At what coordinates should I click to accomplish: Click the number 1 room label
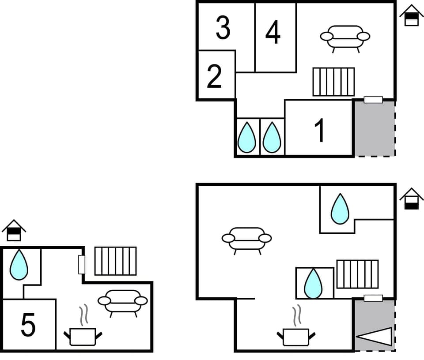tap(320, 131)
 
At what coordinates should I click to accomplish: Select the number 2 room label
tap(214, 76)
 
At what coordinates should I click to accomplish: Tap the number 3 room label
tap(223, 27)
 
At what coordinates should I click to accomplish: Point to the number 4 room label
tap(273, 33)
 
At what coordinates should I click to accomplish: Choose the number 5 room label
tap(28, 326)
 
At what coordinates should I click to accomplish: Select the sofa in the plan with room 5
tap(122, 302)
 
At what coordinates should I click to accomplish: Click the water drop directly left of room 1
tap(272, 137)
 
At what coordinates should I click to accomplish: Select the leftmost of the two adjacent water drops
tap(246, 137)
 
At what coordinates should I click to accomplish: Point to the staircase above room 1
tap(333, 82)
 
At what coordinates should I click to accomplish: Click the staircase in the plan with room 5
tap(115, 261)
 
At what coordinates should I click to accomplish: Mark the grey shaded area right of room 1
tap(374, 128)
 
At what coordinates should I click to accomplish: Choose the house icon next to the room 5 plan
tap(14, 230)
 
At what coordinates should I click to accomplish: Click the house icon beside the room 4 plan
tap(411, 16)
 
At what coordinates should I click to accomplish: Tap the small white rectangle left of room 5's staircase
tap(81, 264)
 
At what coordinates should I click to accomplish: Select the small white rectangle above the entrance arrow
tap(373, 298)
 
